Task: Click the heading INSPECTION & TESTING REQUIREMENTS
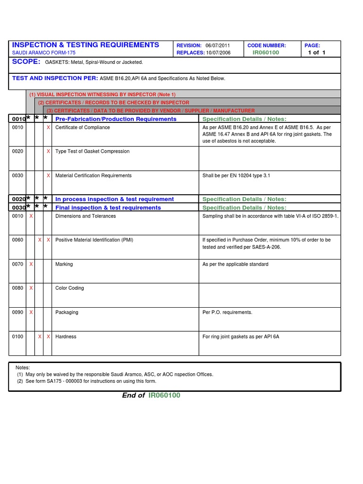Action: tap(86, 45)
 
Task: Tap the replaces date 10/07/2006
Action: tap(218, 53)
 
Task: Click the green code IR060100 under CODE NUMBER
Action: tap(266, 53)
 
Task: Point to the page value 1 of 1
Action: tap(317, 53)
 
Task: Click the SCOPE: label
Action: tap(26, 62)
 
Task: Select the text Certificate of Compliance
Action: tap(82, 128)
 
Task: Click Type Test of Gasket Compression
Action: tap(92, 152)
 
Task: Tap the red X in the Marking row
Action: tap(31, 264)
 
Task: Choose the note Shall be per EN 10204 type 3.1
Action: tap(236, 176)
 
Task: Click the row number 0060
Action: tap(17, 240)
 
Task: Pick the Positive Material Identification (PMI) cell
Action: tap(94, 240)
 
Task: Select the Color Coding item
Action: tap(69, 288)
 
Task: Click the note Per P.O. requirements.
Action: tap(227, 312)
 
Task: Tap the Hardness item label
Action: tap(66, 337)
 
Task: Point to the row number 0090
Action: tap(17, 312)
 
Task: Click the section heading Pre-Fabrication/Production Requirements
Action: tap(116, 119)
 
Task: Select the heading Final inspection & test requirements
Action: tap(108, 207)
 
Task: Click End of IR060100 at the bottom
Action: tap(151, 396)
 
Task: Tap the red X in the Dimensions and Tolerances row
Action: tap(31, 216)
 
